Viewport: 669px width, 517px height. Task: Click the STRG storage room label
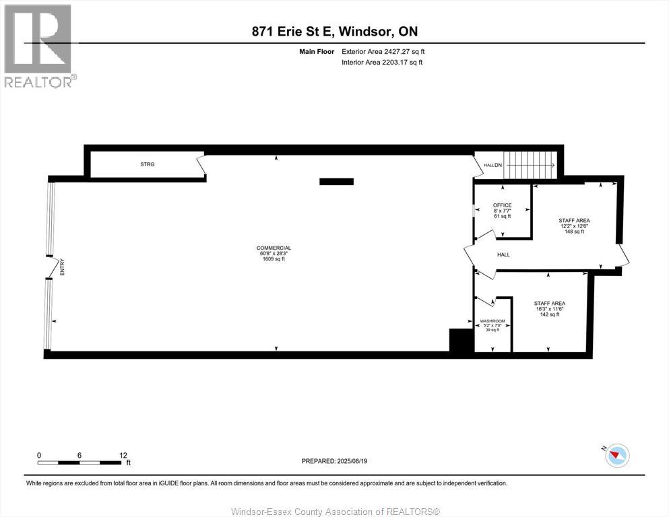147,164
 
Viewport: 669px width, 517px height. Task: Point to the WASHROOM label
492,320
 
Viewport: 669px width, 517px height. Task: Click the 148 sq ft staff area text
574,231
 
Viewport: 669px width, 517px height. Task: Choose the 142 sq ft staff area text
549,314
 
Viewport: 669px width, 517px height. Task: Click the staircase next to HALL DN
530,164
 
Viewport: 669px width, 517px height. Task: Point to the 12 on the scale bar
123,455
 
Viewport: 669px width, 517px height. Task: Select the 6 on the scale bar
79,455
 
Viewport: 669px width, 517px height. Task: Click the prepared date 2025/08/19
334,461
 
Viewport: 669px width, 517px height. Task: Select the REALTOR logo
38,46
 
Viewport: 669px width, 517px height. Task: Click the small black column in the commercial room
336,181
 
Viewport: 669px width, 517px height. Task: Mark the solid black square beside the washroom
461,340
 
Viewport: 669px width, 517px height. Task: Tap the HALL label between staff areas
503,255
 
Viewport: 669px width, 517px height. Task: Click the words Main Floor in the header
316,51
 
